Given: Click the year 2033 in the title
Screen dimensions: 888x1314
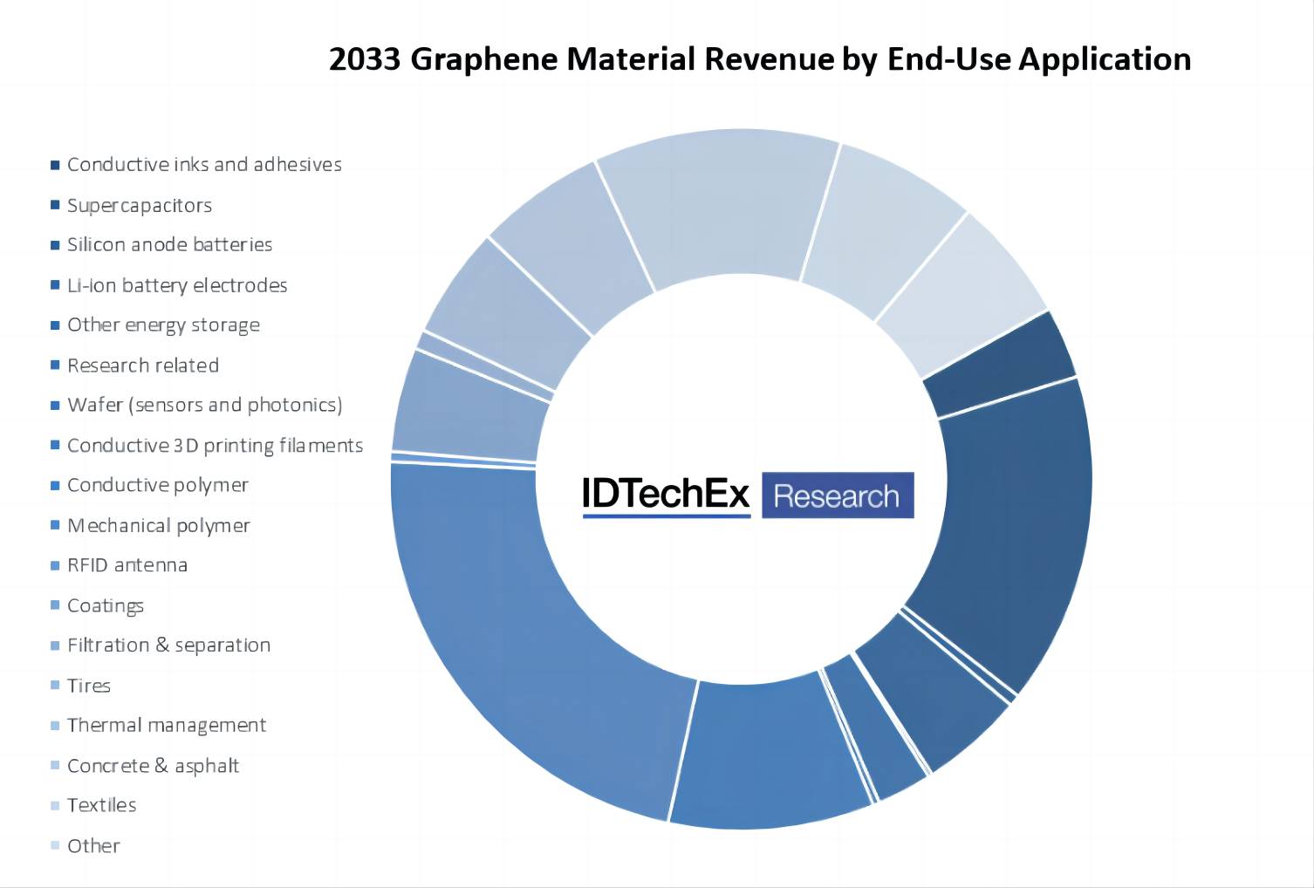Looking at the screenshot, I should click(x=365, y=59).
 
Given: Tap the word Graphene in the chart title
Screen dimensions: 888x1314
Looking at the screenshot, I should click(x=483, y=59).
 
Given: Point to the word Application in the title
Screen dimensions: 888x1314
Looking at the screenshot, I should click(x=1104, y=59).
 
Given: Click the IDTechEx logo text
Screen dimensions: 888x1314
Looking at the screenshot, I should click(x=666, y=495).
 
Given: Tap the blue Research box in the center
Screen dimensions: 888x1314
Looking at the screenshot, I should click(x=837, y=495).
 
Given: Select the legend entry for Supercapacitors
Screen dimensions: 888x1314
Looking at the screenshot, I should click(x=140, y=205).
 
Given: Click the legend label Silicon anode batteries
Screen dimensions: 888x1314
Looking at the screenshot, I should click(x=169, y=244).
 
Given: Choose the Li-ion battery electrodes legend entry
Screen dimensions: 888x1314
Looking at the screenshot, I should click(x=177, y=285).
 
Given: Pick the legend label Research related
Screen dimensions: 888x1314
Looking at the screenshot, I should click(x=143, y=365).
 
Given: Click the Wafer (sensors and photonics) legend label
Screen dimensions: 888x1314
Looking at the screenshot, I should click(x=204, y=405).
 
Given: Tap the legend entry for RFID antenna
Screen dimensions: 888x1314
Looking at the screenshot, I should click(x=127, y=565).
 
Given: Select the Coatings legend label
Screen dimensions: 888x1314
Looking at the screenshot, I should click(x=106, y=605).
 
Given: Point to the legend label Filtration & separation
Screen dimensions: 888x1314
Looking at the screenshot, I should click(x=168, y=646).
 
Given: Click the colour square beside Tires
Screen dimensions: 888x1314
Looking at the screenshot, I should click(x=55, y=686).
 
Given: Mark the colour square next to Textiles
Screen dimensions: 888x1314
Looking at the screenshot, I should click(x=55, y=805).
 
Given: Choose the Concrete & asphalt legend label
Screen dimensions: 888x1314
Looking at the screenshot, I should click(x=153, y=766).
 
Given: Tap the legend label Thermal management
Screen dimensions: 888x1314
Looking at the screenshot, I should click(x=167, y=725).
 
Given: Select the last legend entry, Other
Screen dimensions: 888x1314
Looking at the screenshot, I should click(x=93, y=845).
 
